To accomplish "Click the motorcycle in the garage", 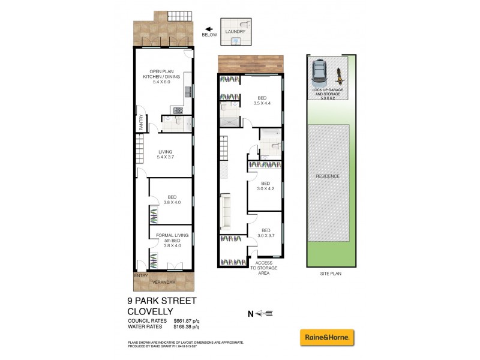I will (339, 74).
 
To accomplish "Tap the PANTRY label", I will (140, 123).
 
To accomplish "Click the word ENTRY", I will (140, 276).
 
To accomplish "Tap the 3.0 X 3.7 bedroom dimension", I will (266, 235).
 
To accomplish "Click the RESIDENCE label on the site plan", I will (328, 176).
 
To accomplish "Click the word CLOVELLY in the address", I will (150, 311).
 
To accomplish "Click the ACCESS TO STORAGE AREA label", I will (266, 268).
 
